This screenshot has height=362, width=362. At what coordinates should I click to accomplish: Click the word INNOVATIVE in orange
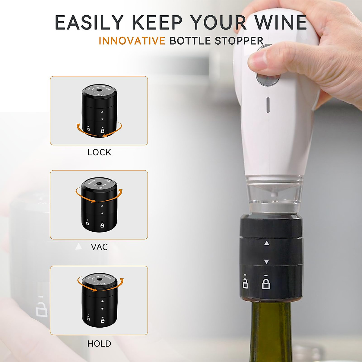pyautogui.click(x=132, y=41)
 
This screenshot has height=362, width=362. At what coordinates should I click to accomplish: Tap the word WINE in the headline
pyautogui.click(x=281, y=23)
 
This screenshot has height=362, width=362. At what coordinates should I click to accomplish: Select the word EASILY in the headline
pyautogui.click(x=89, y=23)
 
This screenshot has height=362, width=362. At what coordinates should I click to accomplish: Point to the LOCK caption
pyautogui.click(x=99, y=152)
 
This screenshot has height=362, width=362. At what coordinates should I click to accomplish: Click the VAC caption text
pyautogui.click(x=99, y=247)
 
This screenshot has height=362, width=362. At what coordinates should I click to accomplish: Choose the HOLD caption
pyautogui.click(x=99, y=344)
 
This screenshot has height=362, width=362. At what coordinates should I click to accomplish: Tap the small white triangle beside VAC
pyautogui.click(x=79, y=247)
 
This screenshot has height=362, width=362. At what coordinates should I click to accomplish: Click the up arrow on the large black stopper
pyautogui.click(x=266, y=243)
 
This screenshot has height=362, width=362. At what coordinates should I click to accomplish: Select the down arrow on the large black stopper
pyautogui.click(x=266, y=262)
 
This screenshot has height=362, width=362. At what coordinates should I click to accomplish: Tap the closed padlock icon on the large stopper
pyautogui.click(x=266, y=283)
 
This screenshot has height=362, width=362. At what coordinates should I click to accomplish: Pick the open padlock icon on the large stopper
pyautogui.click(x=245, y=282)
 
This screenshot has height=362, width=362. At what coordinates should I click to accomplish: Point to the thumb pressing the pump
pyautogui.click(x=261, y=60)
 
